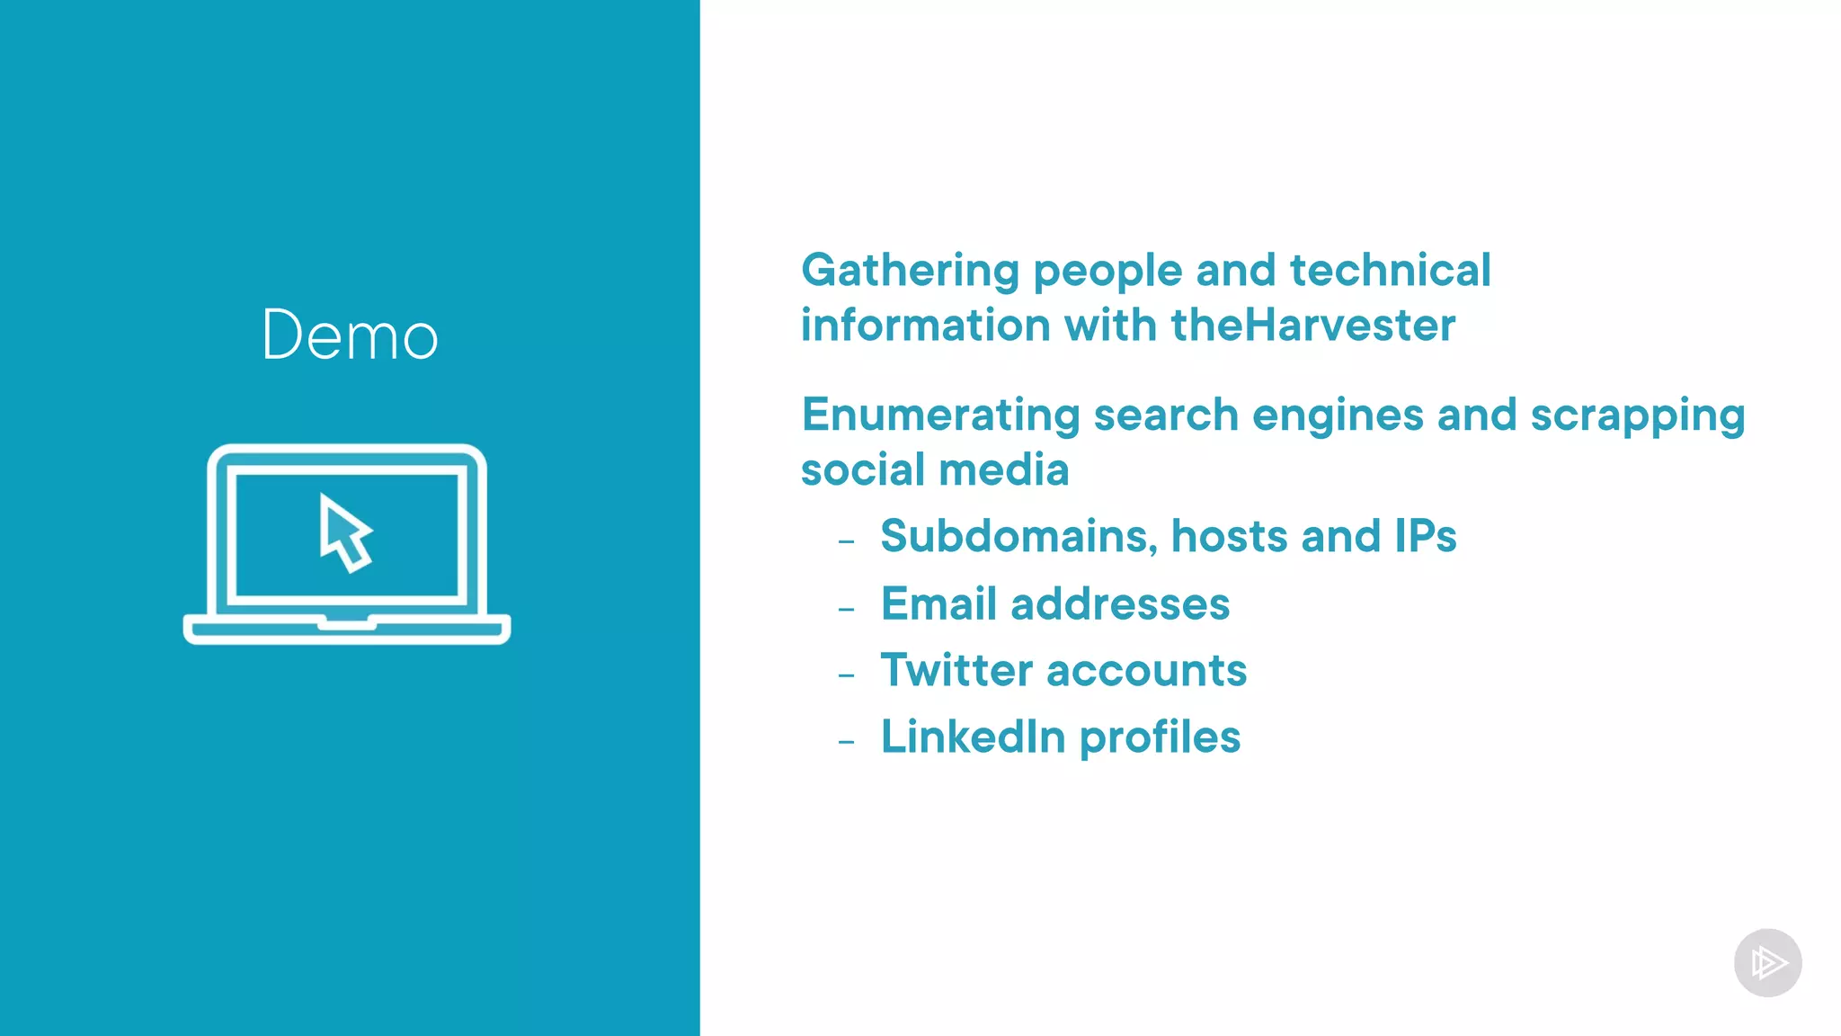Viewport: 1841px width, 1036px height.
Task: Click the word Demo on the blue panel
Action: pos(350,335)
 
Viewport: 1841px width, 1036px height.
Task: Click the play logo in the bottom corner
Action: pos(1767,962)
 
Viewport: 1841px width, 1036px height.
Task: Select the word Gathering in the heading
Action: pos(910,271)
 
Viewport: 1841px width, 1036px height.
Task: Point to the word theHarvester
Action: pos(1312,325)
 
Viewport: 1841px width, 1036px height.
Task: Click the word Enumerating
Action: pos(940,415)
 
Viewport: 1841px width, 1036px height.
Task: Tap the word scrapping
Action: pos(1637,416)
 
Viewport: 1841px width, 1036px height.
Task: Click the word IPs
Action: pos(1425,536)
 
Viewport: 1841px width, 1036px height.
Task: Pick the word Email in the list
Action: pos(938,603)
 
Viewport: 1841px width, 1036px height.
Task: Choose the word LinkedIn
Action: pos(973,737)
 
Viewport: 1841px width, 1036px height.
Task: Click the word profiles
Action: pos(1160,737)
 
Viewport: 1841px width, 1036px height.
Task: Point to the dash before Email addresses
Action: pos(846,609)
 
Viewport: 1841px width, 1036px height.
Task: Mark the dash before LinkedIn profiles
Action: pos(846,742)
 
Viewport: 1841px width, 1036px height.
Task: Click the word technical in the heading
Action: pos(1390,271)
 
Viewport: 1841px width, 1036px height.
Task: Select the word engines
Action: pos(1338,416)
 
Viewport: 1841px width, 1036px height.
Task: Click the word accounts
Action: pos(1146,670)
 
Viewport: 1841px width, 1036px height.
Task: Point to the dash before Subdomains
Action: pos(846,541)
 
